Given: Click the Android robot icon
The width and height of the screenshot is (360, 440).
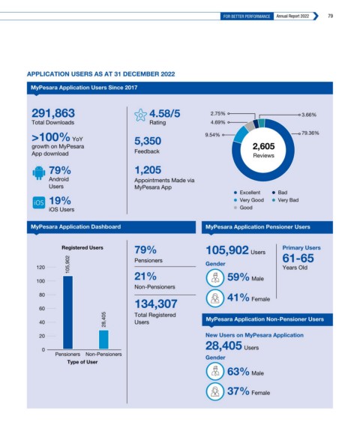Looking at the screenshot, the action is coord(39,173).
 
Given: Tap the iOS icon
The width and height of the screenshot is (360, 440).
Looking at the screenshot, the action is coord(39,202).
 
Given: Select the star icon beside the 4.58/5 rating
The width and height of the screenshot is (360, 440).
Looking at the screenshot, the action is coord(140,115).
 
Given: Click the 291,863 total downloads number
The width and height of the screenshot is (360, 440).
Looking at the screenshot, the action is coord(53,113).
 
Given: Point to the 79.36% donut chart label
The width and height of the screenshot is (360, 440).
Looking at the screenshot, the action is coord(310,133).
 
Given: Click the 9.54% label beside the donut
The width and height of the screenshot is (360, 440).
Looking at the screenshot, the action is coord(212,135).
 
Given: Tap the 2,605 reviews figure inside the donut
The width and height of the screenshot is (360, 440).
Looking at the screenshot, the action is coord(263,146).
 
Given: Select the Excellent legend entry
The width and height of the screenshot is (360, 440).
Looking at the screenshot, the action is coord(247,193).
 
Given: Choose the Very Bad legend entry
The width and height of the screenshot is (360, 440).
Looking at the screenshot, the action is coord(285,200).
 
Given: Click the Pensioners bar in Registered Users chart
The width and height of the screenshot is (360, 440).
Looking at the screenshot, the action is coord(67,313).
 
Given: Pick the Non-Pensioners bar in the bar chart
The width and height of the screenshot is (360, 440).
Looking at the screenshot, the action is coord(103,340).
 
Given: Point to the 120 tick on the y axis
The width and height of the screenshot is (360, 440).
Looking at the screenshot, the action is coord(40,268).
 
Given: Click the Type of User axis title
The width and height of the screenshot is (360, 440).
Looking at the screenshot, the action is coord(82,362).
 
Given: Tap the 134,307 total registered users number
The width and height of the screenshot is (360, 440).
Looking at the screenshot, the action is coord(156,304).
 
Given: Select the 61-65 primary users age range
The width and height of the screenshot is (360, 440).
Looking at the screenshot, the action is coord(298,258).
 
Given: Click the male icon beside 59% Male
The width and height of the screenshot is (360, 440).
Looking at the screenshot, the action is coord(214,278).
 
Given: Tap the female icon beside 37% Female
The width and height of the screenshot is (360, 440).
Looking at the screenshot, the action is coord(214,391).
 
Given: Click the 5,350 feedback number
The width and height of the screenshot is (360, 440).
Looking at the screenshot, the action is coord(148,141).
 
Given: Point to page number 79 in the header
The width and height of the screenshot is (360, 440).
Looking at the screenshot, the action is coord(331,16).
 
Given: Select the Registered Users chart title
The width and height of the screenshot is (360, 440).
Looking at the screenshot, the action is coord(82,248).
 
